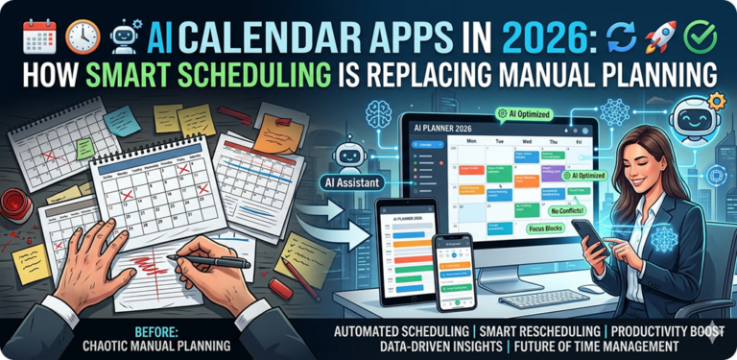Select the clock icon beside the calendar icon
coord(83,37)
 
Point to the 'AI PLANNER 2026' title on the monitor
coord(446,126)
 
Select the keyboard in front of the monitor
coord(545,299)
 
